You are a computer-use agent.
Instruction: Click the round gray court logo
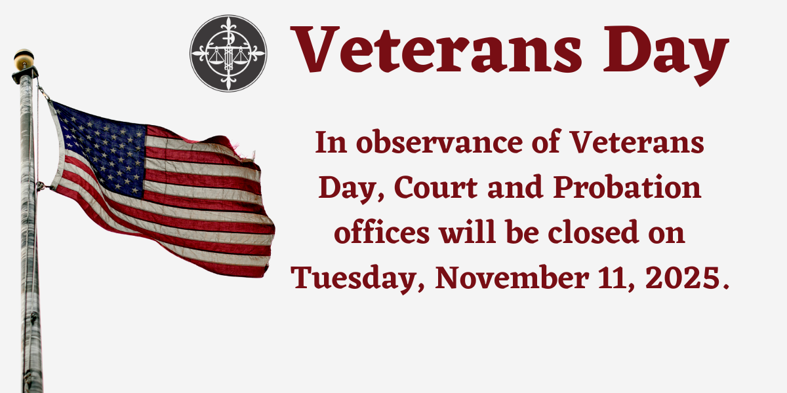pos(228,53)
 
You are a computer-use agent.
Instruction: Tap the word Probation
pos(625,189)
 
